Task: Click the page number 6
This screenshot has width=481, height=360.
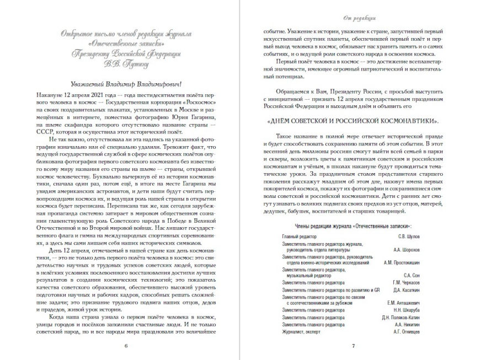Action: point(126,346)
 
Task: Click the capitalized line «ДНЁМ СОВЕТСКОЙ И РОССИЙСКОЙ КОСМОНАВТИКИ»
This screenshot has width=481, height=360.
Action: point(353,120)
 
